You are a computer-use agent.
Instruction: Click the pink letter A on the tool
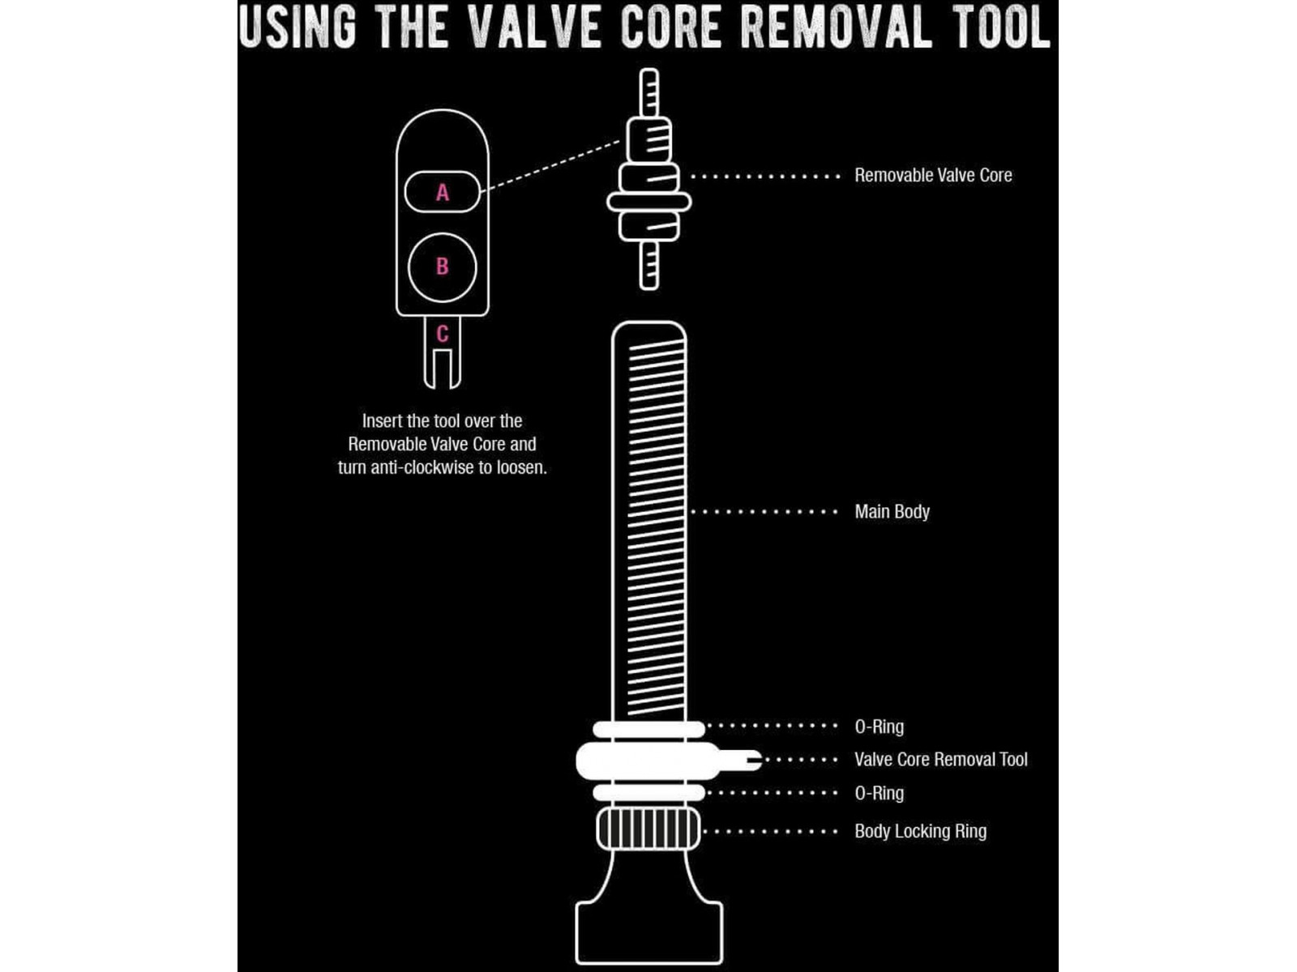pos(442,193)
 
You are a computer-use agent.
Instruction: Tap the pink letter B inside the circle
pos(442,266)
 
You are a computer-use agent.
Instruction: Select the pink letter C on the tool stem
pos(442,334)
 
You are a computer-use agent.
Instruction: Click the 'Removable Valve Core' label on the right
pos(933,175)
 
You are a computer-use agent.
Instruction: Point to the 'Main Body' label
pos(892,512)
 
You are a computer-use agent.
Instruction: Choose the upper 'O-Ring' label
pos(880,727)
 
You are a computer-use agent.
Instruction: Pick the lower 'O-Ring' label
pos(880,793)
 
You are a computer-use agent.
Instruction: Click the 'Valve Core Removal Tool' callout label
pos(940,760)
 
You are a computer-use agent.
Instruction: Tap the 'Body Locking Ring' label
pos(920,832)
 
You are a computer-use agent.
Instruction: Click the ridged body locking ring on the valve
pos(648,829)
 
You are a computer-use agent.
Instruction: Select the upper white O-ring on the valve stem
pos(648,730)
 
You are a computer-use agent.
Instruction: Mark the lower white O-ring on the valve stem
pos(648,793)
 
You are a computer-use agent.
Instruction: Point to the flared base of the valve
pos(648,932)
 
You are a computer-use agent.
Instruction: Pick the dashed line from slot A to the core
pos(550,166)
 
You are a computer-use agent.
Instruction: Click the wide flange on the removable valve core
pos(648,202)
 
